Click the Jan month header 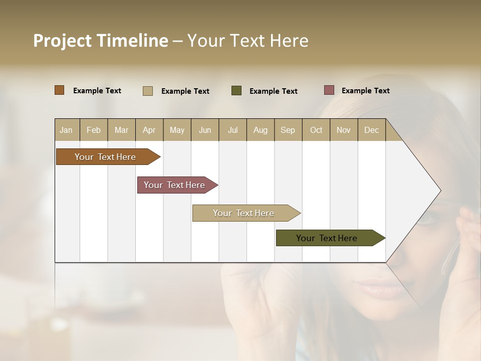tap(67, 130)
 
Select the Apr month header tap(149, 130)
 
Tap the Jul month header tap(232, 130)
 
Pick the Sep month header tap(288, 130)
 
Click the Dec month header tap(371, 130)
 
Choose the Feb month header tap(94, 130)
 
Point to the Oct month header tap(316, 130)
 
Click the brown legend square tap(60, 90)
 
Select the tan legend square tap(148, 91)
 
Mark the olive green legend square tap(236, 91)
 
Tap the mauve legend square tap(329, 90)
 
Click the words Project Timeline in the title tap(101, 41)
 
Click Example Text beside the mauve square tap(365, 91)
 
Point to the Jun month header tap(205, 130)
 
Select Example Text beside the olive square tap(273, 91)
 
